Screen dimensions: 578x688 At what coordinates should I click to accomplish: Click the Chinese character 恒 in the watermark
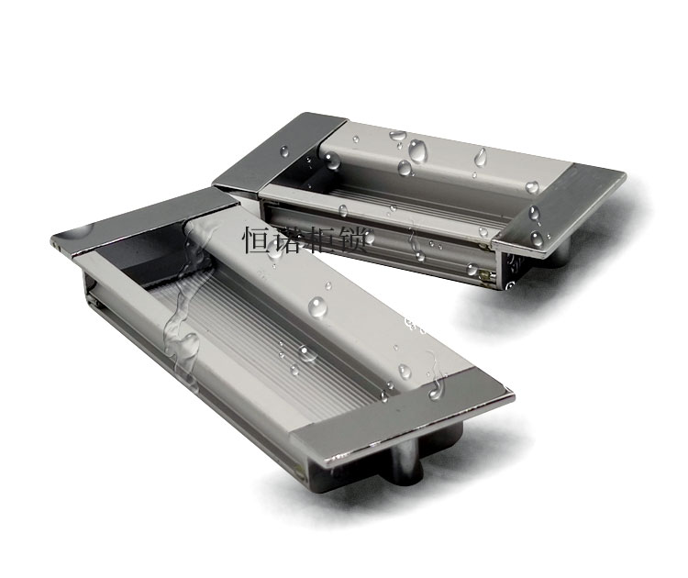(x=255, y=241)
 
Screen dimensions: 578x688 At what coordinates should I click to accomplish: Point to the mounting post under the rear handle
(x=560, y=253)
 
